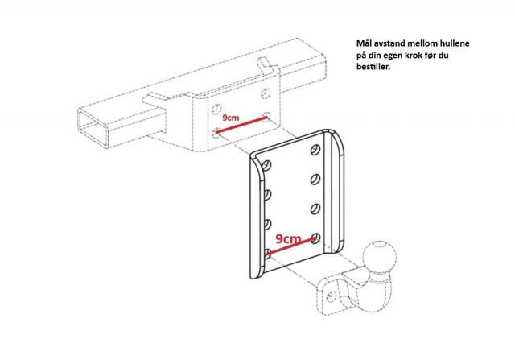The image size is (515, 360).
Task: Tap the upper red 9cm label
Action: (231, 118)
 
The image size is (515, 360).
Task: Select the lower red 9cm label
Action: (288, 239)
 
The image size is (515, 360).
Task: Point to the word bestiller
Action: (373, 67)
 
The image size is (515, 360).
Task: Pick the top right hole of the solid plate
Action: (315, 150)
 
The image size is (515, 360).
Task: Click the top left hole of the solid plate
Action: (266, 165)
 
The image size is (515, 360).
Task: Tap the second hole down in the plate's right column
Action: (315, 179)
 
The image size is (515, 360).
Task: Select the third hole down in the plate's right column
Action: (315, 209)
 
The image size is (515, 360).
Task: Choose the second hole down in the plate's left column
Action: (266, 195)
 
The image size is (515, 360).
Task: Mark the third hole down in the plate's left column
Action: (266, 224)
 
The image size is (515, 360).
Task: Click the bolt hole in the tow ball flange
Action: (332, 296)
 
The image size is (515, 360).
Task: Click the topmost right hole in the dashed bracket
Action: (266, 93)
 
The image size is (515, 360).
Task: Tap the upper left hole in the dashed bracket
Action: (216, 109)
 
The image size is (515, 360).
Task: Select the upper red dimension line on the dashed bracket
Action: (241, 125)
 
